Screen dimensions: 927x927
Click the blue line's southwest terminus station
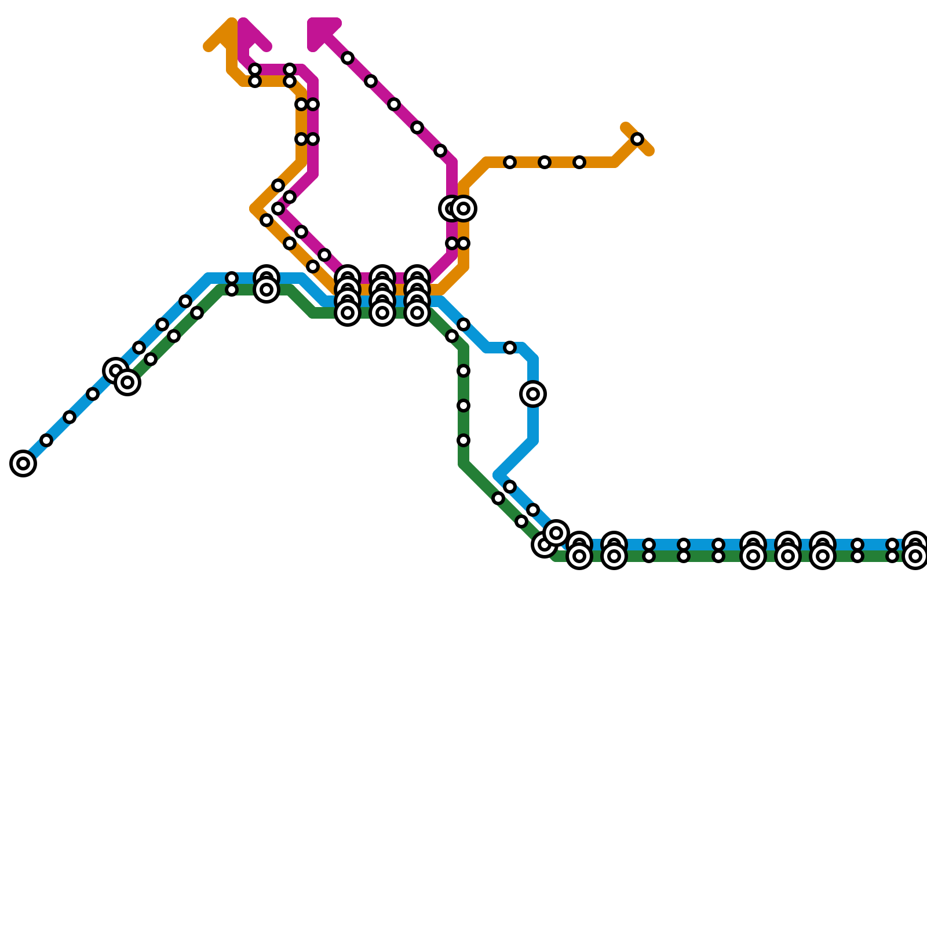(23, 463)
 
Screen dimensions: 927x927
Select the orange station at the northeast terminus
(637, 139)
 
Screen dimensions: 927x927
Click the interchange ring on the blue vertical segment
(533, 394)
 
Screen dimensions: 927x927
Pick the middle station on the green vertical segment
(463, 406)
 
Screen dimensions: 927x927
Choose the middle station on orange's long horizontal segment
(544, 162)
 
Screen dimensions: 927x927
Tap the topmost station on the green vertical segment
(463, 371)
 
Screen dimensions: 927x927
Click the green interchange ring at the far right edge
(915, 557)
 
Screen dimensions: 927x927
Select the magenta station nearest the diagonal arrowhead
(348, 58)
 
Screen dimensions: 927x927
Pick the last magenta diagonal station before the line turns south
(440, 151)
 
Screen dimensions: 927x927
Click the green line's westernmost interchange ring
(127, 382)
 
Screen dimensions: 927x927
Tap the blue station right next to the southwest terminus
(46, 440)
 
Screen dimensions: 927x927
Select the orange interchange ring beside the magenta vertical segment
(463, 209)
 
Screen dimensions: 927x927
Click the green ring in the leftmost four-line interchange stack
(348, 313)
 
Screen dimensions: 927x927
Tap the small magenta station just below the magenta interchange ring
(452, 243)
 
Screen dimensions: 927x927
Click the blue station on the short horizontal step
(510, 348)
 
